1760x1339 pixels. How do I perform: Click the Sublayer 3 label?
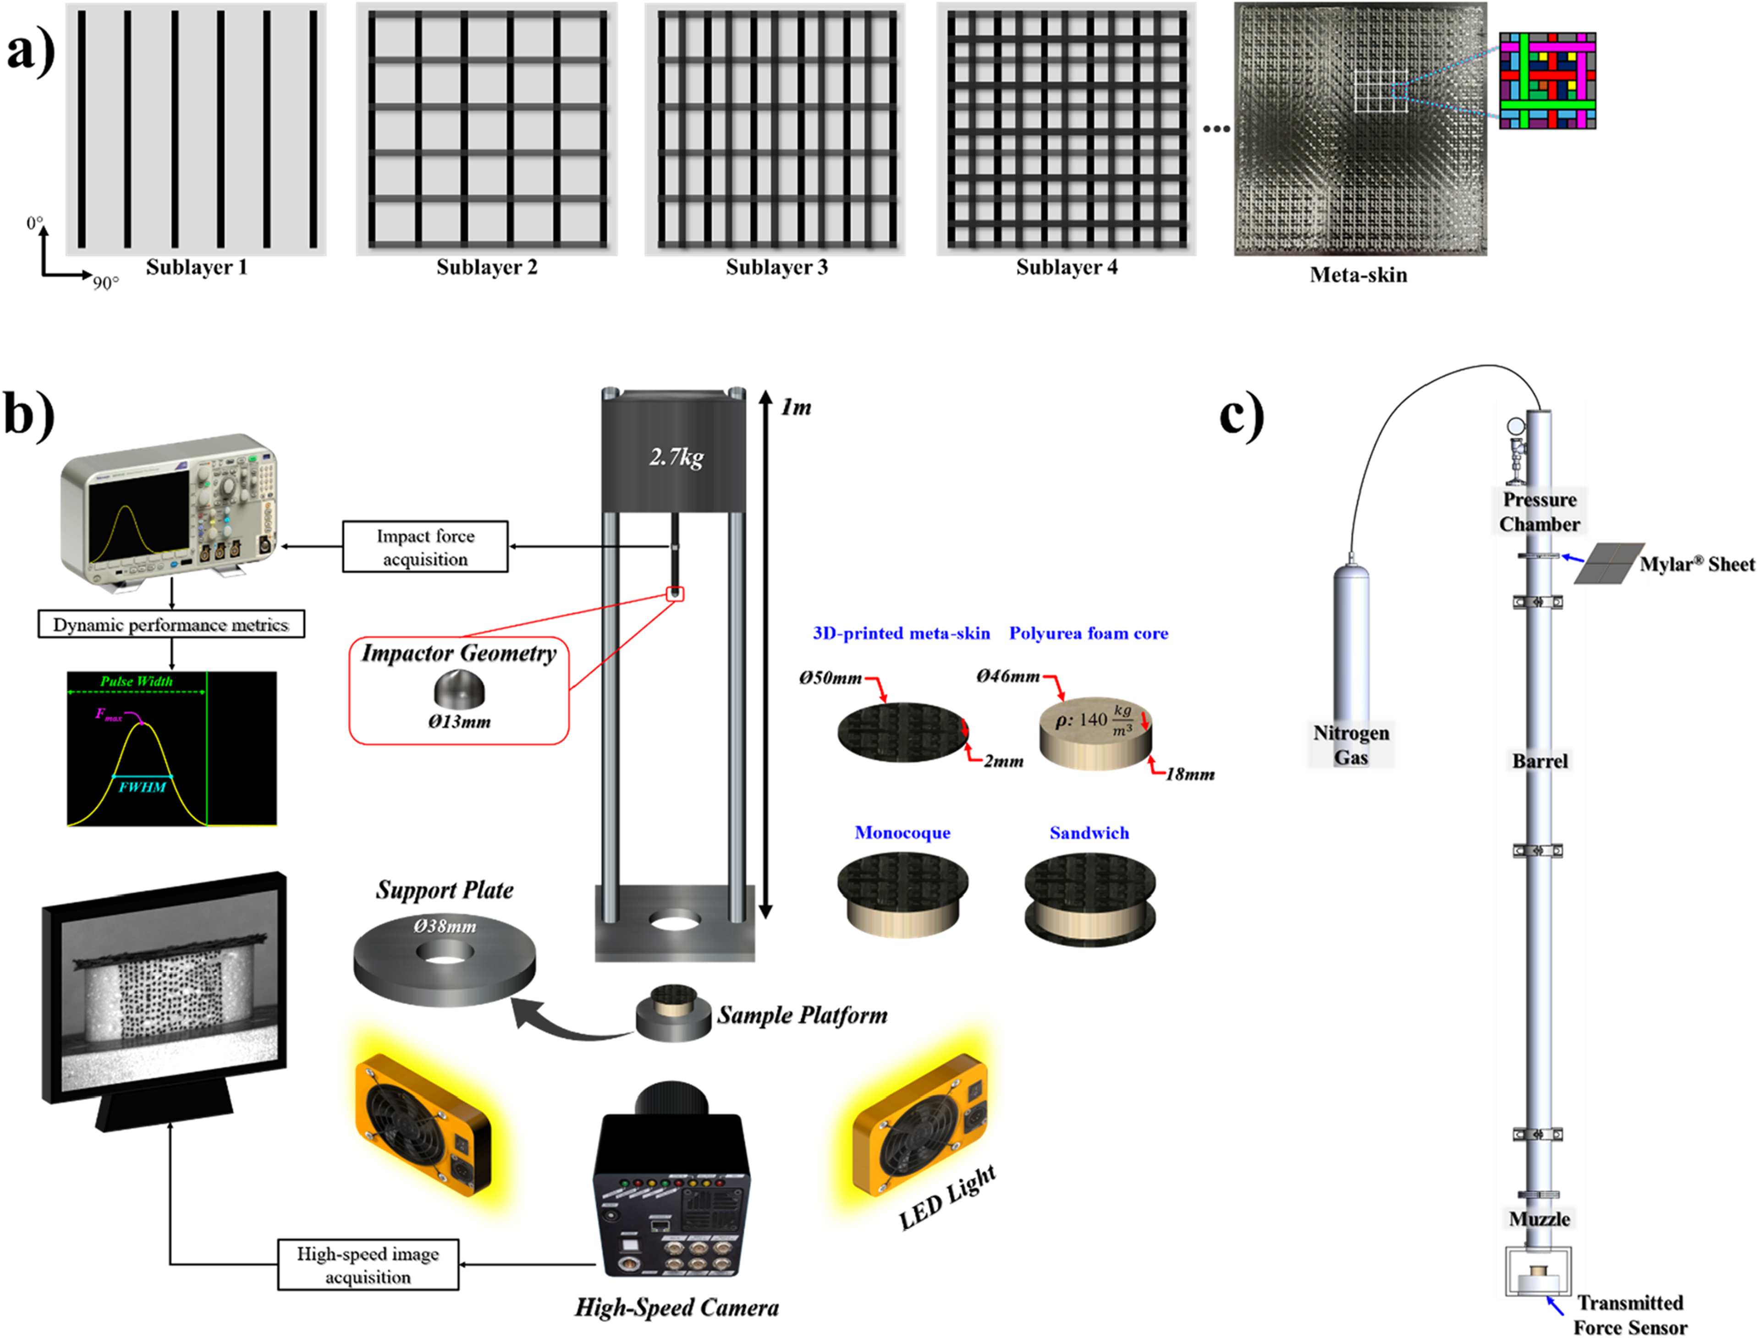tap(776, 267)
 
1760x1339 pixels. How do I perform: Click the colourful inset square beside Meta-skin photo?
tap(1547, 81)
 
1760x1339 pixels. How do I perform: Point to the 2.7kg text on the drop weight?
tap(676, 457)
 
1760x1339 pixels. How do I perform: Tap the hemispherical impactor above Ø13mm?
tap(459, 690)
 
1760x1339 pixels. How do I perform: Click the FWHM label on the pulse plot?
tap(143, 787)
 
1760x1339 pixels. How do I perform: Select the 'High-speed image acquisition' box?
tap(368, 1265)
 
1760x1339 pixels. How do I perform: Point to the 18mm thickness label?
tap(1189, 774)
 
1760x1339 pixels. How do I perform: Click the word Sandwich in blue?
tap(1089, 833)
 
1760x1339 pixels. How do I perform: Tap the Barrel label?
tap(1539, 761)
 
